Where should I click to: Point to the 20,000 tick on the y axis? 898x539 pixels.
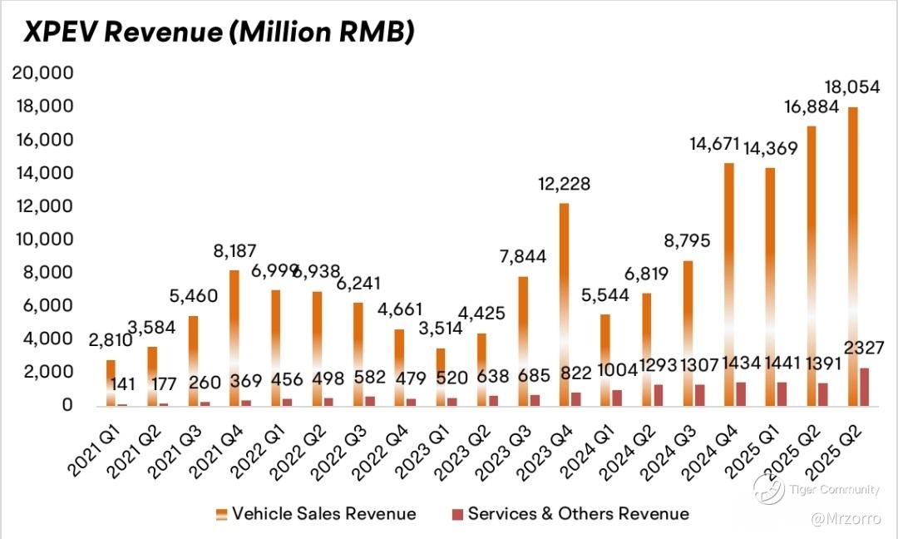tap(42, 73)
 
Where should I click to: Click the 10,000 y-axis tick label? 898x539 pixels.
tap(42, 240)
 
